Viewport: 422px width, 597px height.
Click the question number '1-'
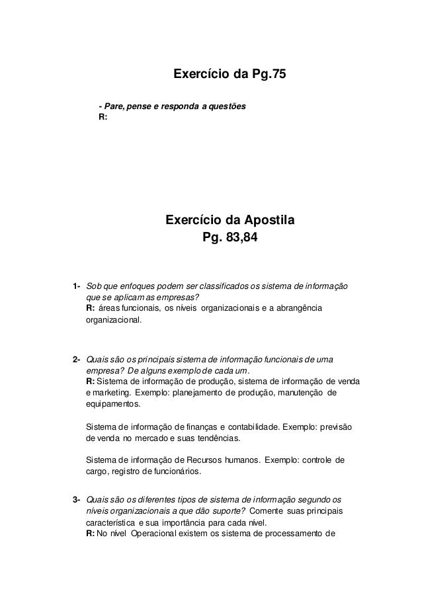[x=77, y=286]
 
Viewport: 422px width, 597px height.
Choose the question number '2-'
[x=77, y=360]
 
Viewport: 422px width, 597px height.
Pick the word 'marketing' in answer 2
[x=112, y=392]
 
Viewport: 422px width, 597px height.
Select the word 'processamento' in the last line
[x=295, y=532]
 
